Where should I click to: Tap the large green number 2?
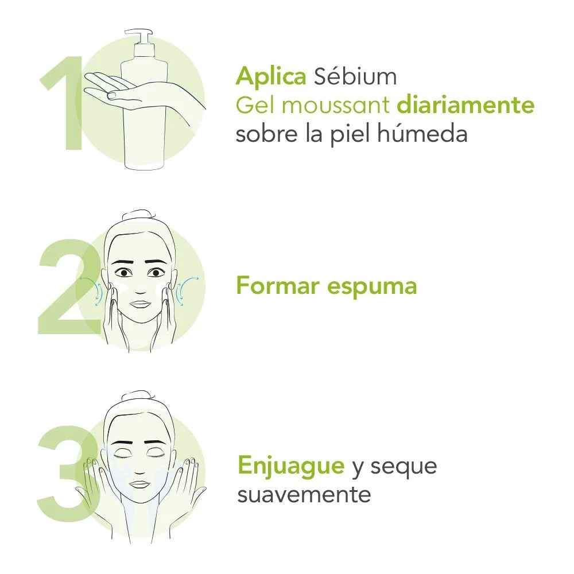(60, 287)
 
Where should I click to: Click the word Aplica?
(270, 76)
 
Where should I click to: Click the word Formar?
(277, 285)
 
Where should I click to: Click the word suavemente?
(304, 494)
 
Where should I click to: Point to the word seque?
(404, 467)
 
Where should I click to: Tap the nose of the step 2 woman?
(139, 286)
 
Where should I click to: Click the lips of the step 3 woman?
(139, 484)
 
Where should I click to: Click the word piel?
(351, 134)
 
